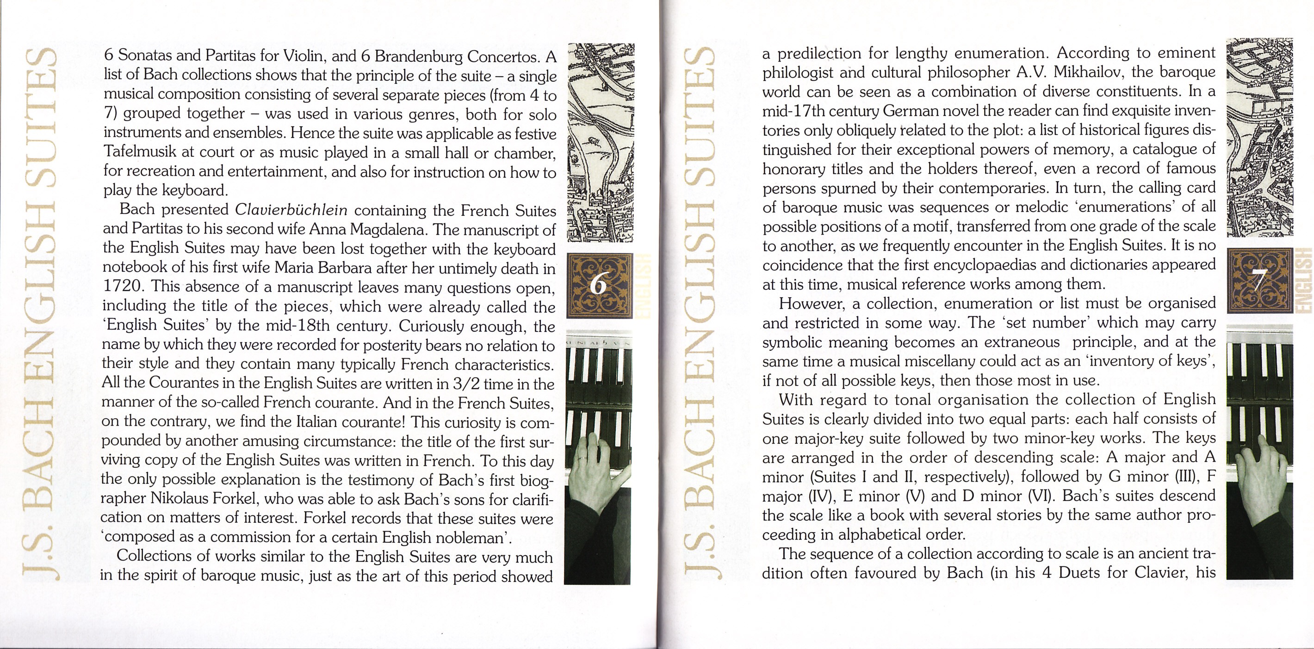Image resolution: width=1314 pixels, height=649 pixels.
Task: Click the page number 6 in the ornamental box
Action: tap(598, 286)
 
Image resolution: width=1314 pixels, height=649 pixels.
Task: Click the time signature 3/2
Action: tap(462, 383)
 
